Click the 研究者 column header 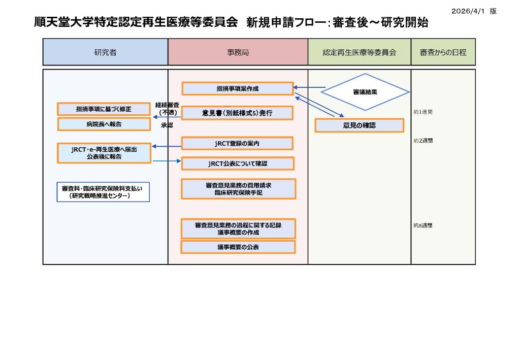click(105, 52)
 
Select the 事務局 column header click(238, 52)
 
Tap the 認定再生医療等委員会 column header click(359, 52)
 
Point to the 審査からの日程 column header click(443, 52)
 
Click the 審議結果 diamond click(365, 92)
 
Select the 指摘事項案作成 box click(238, 89)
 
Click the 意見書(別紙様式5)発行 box click(238, 113)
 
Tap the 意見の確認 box click(359, 125)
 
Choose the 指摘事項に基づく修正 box click(104, 109)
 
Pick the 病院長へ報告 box click(104, 124)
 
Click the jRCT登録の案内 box click(237, 144)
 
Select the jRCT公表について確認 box click(238, 163)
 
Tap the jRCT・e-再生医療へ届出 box click(104, 153)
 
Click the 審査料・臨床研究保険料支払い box click(103, 192)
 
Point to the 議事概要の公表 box click(238, 247)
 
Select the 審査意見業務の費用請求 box click(238, 189)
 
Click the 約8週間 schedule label click(423, 225)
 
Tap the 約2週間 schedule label click(423, 141)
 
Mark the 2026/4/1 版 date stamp click(473, 11)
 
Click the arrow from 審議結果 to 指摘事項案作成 click(309, 87)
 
